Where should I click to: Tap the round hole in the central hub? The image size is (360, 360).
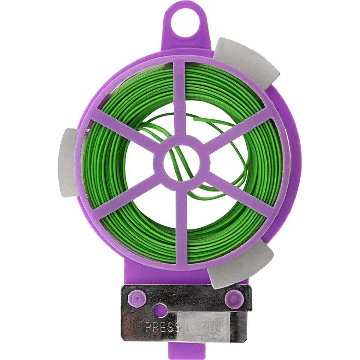pyautogui.click(x=181, y=163)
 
